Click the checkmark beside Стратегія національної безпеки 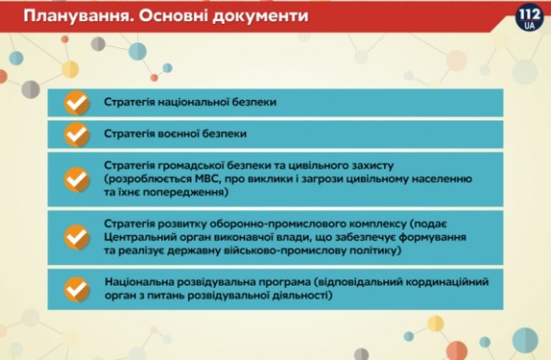tap(77, 103)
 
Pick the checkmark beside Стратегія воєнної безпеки tap(77, 134)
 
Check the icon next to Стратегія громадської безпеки tap(77, 180)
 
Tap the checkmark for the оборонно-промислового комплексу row tap(77, 237)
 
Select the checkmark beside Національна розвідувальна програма tap(77, 288)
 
